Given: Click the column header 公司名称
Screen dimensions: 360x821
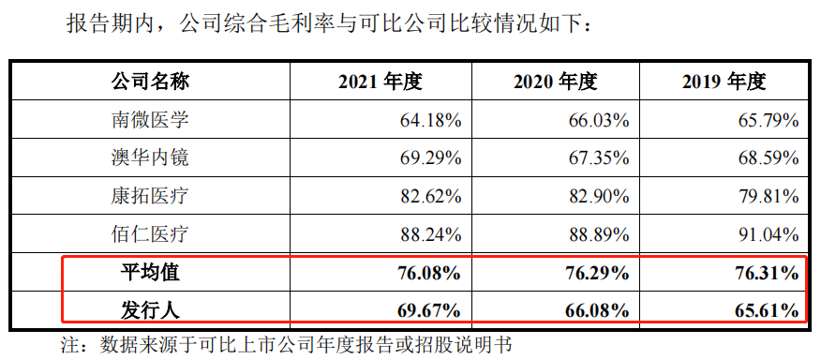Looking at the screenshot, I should click(150, 82).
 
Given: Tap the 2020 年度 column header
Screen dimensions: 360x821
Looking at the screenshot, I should click(555, 82).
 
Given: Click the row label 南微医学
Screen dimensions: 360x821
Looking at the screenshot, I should click(150, 120).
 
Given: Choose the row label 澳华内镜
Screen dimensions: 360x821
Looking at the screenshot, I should click(150, 157).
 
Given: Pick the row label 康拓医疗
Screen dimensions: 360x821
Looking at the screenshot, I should click(150, 196).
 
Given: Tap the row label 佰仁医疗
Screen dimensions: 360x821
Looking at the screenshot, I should click(150, 234).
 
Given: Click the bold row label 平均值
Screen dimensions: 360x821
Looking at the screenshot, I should click(150, 273).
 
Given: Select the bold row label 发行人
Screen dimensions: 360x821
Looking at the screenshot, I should click(150, 309).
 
